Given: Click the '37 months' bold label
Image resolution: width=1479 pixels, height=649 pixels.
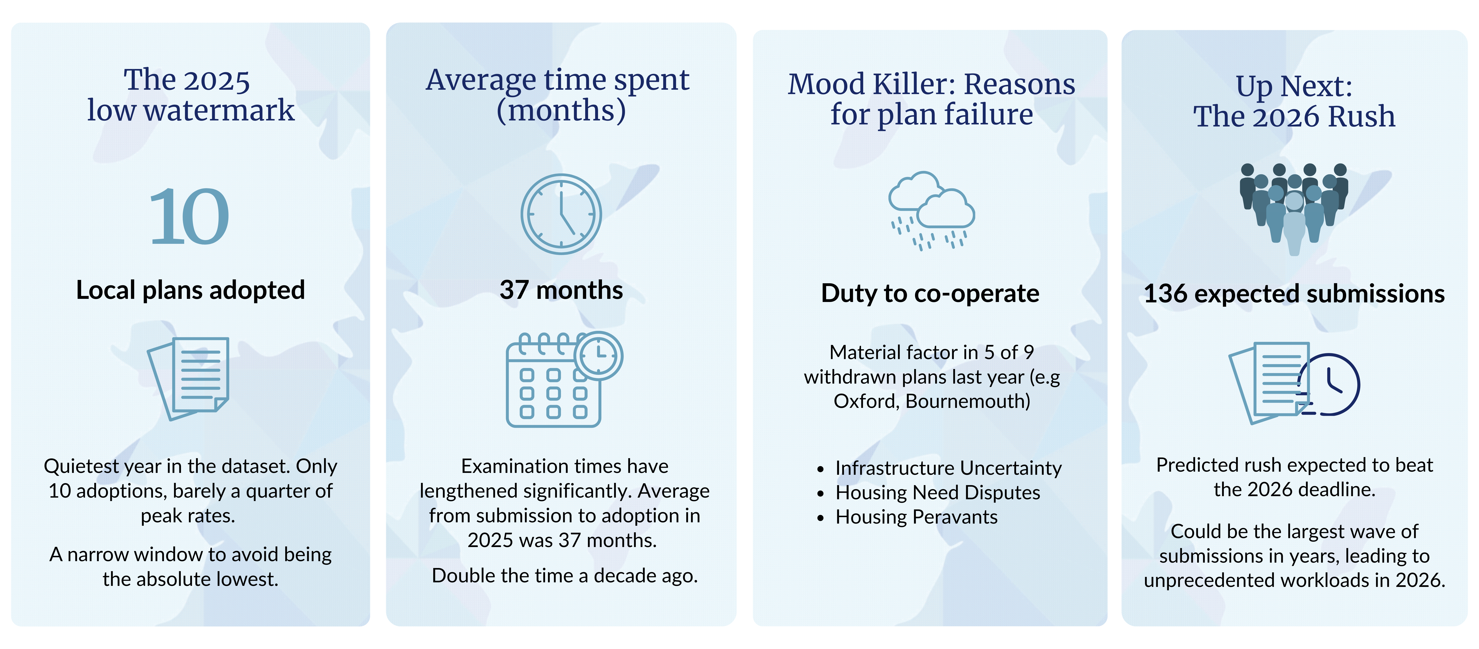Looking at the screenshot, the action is coord(561,290).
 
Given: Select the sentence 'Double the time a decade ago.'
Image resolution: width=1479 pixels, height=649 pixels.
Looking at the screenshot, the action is coord(564,575).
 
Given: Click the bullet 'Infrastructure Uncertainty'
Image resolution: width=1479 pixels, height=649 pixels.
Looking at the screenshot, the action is coord(948,468).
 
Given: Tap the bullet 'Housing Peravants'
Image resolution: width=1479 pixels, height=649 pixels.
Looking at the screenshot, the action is coord(916,517).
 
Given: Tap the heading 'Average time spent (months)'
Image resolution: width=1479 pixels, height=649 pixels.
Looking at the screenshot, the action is coord(558,95).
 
